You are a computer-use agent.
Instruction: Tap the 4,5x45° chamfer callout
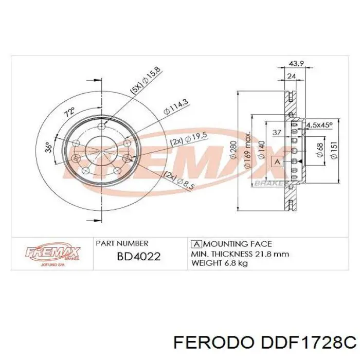click(x=319, y=125)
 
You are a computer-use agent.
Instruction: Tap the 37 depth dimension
click(x=276, y=132)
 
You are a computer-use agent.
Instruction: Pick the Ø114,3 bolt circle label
click(x=175, y=110)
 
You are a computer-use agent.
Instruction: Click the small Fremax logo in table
click(x=53, y=254)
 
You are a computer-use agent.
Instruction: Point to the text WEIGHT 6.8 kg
click(x=220, y=263)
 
